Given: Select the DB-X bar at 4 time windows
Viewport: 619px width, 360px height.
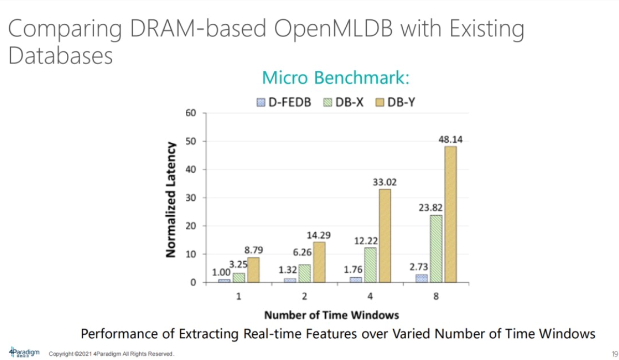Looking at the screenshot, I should pyautogui.click(x=370, y=265).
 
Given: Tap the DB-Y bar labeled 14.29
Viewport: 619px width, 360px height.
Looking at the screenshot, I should pyautogui.click(x=319, y=262).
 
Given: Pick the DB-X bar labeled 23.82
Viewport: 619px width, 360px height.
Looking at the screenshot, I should pyautogui.click(x=436, y=249).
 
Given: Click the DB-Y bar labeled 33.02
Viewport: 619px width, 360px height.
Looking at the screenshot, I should pyautogui.click(x=385, y=235).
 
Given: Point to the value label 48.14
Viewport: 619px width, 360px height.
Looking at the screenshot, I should pyautogui.click(x=450, y=140).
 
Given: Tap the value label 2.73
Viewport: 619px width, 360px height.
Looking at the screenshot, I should pyautogui.click(x=421, y=267).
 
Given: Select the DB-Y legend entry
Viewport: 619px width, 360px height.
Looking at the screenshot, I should pyautogui.click(x=395, y=102).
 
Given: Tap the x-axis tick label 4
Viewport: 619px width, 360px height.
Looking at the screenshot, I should pyautogui.click(x=370, y=296).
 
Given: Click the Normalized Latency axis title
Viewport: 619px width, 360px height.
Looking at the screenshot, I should pyautogui.click(x=171, y=199).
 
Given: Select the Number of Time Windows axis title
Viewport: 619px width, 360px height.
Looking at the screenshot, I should pyautogui.click(x=331, y=315).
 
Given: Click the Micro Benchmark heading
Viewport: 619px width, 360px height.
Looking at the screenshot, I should pyautogui.click(x=336, y=78).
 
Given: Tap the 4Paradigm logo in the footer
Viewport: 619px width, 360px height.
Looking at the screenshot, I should pyautogui.click(x=24, y=352).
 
